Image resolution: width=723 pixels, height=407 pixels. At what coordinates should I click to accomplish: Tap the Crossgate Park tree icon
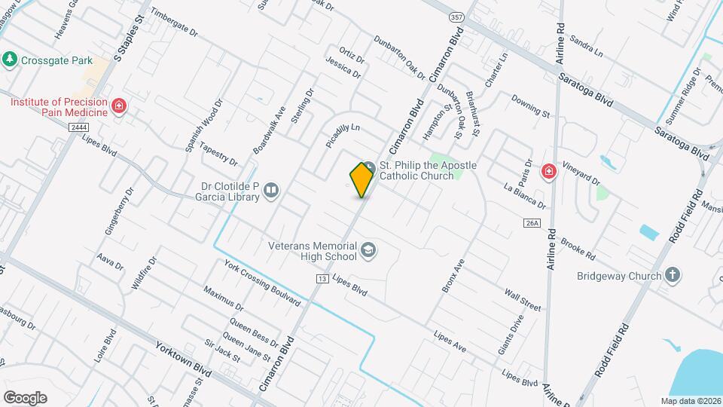click(x=10, y=60)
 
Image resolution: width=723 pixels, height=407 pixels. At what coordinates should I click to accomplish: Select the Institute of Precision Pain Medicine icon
click(x=118, y=106)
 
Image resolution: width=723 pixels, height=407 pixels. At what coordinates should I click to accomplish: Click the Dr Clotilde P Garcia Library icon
click(x=271, y=193)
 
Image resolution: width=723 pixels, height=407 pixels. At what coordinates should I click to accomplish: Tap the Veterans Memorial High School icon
click(x=368, y=250)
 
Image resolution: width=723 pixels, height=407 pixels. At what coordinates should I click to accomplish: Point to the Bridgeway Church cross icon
click(x=673, y=275)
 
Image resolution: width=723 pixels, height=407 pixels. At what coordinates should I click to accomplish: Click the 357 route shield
click(x=456, y=17)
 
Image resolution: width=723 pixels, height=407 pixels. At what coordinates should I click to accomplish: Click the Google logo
click(x=25, y=398)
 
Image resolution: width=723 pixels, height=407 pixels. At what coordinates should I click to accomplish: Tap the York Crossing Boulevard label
click(x=262, y=282)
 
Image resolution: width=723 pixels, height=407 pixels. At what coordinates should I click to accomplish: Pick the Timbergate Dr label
click(x=173, y=23)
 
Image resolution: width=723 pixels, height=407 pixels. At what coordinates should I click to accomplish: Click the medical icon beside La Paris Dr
click(x=549, y=171)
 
